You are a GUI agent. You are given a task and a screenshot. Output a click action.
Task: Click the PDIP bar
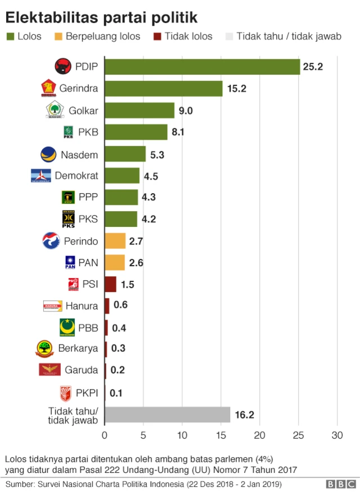[202, 67]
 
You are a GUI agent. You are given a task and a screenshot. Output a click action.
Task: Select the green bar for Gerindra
[164, 89]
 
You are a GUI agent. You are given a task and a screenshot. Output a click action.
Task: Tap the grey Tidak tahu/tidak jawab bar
[168, 415]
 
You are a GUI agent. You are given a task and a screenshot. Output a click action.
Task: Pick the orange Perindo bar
[115, 241]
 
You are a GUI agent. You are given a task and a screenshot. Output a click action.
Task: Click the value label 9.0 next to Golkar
[186, 111]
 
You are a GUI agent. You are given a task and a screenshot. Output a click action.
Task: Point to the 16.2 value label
[245, 415]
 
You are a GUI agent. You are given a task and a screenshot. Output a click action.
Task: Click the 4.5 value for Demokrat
[151, 176]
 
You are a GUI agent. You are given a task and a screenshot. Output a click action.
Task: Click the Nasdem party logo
[48, 154]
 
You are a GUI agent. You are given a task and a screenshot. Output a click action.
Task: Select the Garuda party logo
[49, 370]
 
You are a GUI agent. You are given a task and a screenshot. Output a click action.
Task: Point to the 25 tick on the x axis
[299, 435]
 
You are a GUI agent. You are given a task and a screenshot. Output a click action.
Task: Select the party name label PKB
[88, 133]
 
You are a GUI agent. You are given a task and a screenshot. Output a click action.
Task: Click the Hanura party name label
[82, 306]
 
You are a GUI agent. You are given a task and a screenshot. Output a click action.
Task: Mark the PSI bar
[110, 284]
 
